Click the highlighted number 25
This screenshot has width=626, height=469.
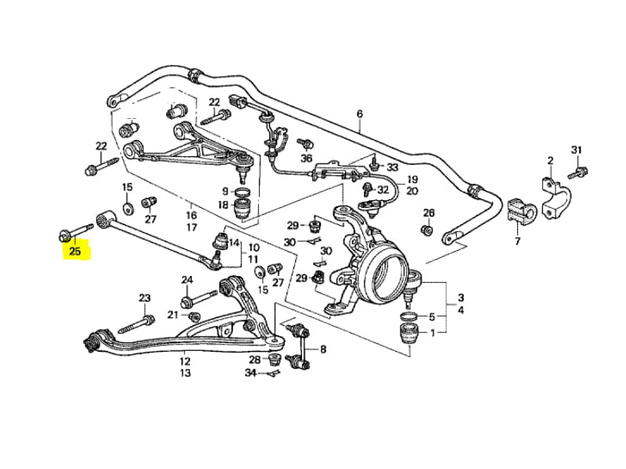[75, 252]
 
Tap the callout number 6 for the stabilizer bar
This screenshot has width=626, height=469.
[360, 114]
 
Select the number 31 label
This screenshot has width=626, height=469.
[577, 150]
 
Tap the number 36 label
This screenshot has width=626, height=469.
[306, 158]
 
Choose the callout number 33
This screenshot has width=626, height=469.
[392, 168]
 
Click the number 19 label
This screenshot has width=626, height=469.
[412, 180]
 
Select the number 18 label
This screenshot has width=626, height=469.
[223, 206]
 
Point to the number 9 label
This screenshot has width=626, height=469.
[225, 192]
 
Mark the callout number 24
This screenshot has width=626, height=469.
[187, 280]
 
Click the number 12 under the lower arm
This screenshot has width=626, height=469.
[185, 362]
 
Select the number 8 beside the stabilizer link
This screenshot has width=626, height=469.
[323, 349]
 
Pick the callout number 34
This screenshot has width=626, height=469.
[250, 374]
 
